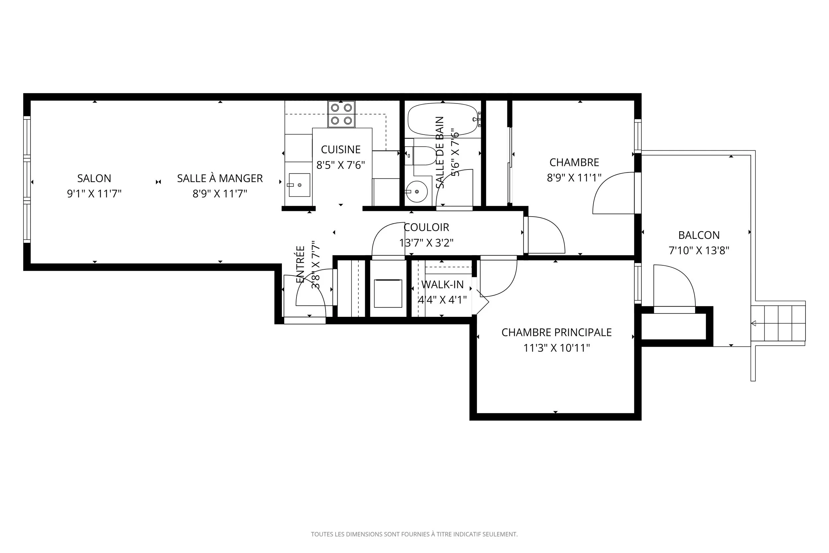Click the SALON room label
click(94, 178)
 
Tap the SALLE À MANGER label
click(220, 178)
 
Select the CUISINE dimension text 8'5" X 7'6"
click(341, 165)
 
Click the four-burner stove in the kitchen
click(341, 114)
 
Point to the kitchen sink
click(299, 185)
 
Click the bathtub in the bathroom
click(443, 119)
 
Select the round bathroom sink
click(416, 191)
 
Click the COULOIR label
click(426, 228)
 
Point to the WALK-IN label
click(442, 284)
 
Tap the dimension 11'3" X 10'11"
click(556, 348)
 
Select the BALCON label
click(699, 235)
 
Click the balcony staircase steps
click(779, 323)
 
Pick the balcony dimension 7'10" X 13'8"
click(699, 250)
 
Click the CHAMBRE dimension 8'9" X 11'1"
click(574, 178)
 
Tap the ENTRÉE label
click(300, 264)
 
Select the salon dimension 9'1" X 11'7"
click(94, 194)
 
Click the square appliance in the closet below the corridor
click(388, 294)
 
